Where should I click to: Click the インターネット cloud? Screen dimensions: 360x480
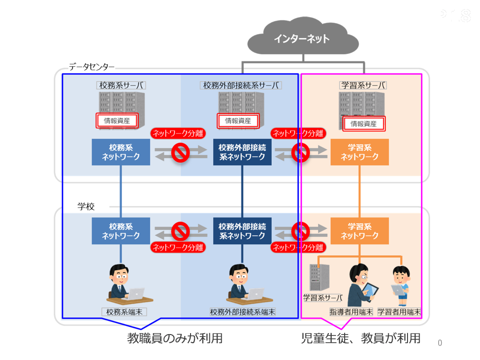(x=301, y=39)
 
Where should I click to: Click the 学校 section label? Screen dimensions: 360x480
(x=86, y=206)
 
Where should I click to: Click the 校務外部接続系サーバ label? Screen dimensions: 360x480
(x=240, y=85)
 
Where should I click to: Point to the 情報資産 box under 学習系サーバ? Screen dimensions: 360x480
(x=363, y=124)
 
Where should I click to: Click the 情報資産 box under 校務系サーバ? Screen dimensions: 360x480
(x=117, y=120)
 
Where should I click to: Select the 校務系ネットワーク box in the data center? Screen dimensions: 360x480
(x=120, y=152)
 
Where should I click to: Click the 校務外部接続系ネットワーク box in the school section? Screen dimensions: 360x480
(x=242, y=231)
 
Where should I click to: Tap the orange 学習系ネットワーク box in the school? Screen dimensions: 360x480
(x=360, y=231)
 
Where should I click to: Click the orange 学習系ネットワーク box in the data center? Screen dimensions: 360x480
(x=360, y=152)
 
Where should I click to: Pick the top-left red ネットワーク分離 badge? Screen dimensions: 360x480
(x=177, y=133)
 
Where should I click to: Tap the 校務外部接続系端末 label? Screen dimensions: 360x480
(x=242, y=312)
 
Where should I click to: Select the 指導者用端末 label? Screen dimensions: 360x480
(x=351, y=312)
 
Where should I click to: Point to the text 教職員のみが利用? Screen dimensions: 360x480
(x=175, y=338)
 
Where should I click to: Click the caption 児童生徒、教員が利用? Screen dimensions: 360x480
(x=360, y=338)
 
